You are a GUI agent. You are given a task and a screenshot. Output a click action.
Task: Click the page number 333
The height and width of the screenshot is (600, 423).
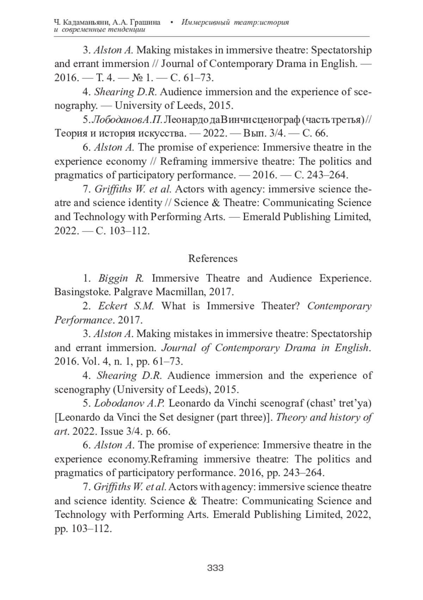tap(215, 568)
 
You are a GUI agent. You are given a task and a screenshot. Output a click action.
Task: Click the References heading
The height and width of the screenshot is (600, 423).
tap(213, 258)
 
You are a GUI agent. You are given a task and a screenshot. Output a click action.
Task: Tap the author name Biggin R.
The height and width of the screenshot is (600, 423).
tap(121, 278)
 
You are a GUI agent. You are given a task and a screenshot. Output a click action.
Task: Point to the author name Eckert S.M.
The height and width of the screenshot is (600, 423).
tap(126, 306)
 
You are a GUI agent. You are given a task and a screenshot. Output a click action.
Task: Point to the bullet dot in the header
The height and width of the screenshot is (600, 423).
tap(171, 23)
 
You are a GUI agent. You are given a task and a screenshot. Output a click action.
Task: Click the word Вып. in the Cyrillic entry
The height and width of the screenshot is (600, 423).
tap(249, 134)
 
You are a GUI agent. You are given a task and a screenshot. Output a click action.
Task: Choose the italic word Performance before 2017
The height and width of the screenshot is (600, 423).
tap(84, 320)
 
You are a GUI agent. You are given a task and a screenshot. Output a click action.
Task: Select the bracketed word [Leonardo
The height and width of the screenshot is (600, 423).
tap(78, 417)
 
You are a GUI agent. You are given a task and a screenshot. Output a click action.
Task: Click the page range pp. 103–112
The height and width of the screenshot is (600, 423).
tap(83, 528)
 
